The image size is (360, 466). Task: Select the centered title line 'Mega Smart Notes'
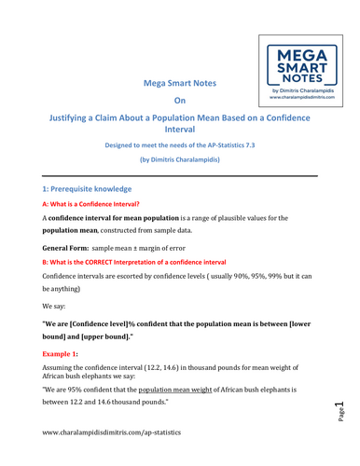point(179,83)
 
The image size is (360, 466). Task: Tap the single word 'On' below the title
point(180,103)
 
